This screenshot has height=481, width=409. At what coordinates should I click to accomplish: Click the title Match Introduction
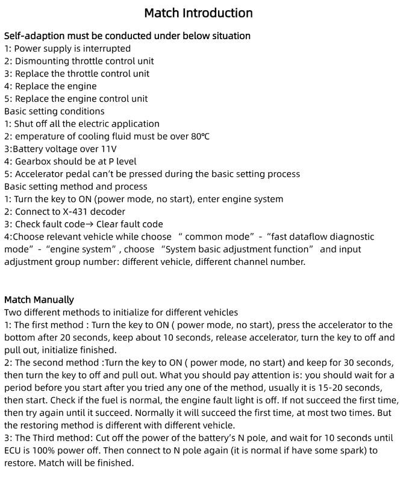198,13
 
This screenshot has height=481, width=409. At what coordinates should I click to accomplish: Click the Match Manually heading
39,300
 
